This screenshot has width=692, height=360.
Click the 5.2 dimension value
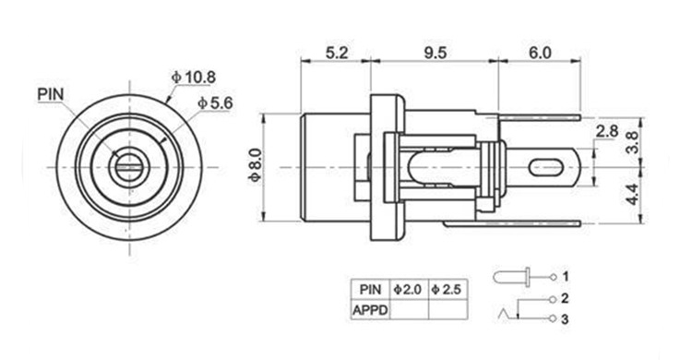click(337, 53)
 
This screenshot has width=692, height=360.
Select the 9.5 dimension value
click(435, 53)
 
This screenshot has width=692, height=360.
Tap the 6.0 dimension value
click(540, 53)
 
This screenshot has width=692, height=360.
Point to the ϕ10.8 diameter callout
click(194, 78)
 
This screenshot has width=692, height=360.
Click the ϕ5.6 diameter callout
click(215, 102)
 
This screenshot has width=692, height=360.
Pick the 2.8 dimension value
click(607, 131)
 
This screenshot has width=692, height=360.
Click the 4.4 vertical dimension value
click(632, 195)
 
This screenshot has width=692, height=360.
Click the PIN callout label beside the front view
click(51, 94)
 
